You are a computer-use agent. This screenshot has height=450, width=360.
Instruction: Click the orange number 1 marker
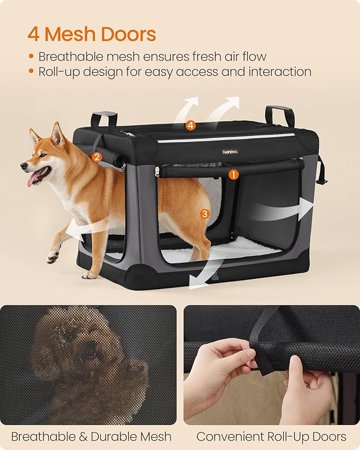pos(234,173)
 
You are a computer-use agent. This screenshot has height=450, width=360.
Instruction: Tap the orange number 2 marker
pos(96,157)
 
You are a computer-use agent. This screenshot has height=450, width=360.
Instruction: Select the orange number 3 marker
pos(205,214)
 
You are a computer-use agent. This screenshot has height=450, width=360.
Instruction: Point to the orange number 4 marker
pos(190,126)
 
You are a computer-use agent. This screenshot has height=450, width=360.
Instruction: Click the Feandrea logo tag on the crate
pos(230,152)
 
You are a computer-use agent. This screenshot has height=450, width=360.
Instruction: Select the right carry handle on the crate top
pos(279,114)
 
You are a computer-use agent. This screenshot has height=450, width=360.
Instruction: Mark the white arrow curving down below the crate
pos(204,273)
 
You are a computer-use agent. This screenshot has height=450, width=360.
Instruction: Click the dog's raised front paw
pos(53,257)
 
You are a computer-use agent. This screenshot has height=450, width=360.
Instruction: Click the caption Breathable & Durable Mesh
pos(91,437)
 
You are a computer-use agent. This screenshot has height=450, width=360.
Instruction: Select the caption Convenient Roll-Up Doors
pos(271,437)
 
